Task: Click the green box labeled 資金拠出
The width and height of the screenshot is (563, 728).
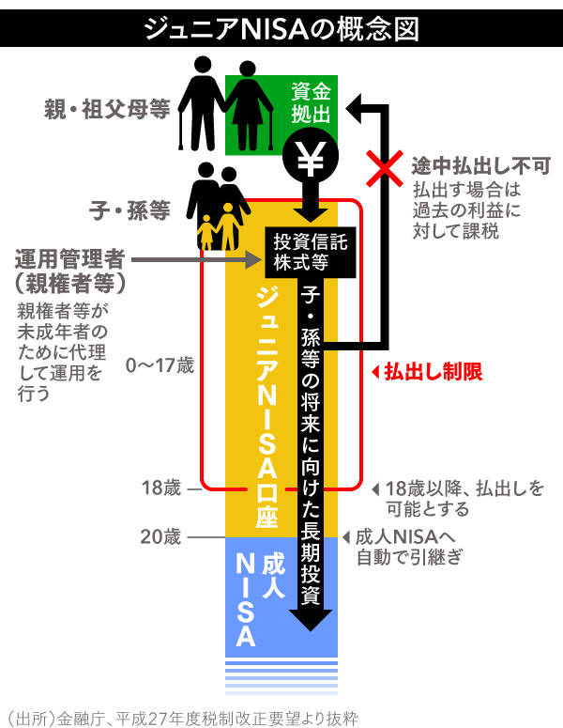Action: click(x=310, y=103)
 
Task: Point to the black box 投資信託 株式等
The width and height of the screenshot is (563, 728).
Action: click(x=311, y=251)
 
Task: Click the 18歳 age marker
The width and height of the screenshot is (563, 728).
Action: click(x=160, y=488)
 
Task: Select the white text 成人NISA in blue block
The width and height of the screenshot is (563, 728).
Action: click(x=257, y=596)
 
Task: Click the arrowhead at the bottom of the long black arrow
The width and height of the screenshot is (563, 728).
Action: click(x=311, y=619)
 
